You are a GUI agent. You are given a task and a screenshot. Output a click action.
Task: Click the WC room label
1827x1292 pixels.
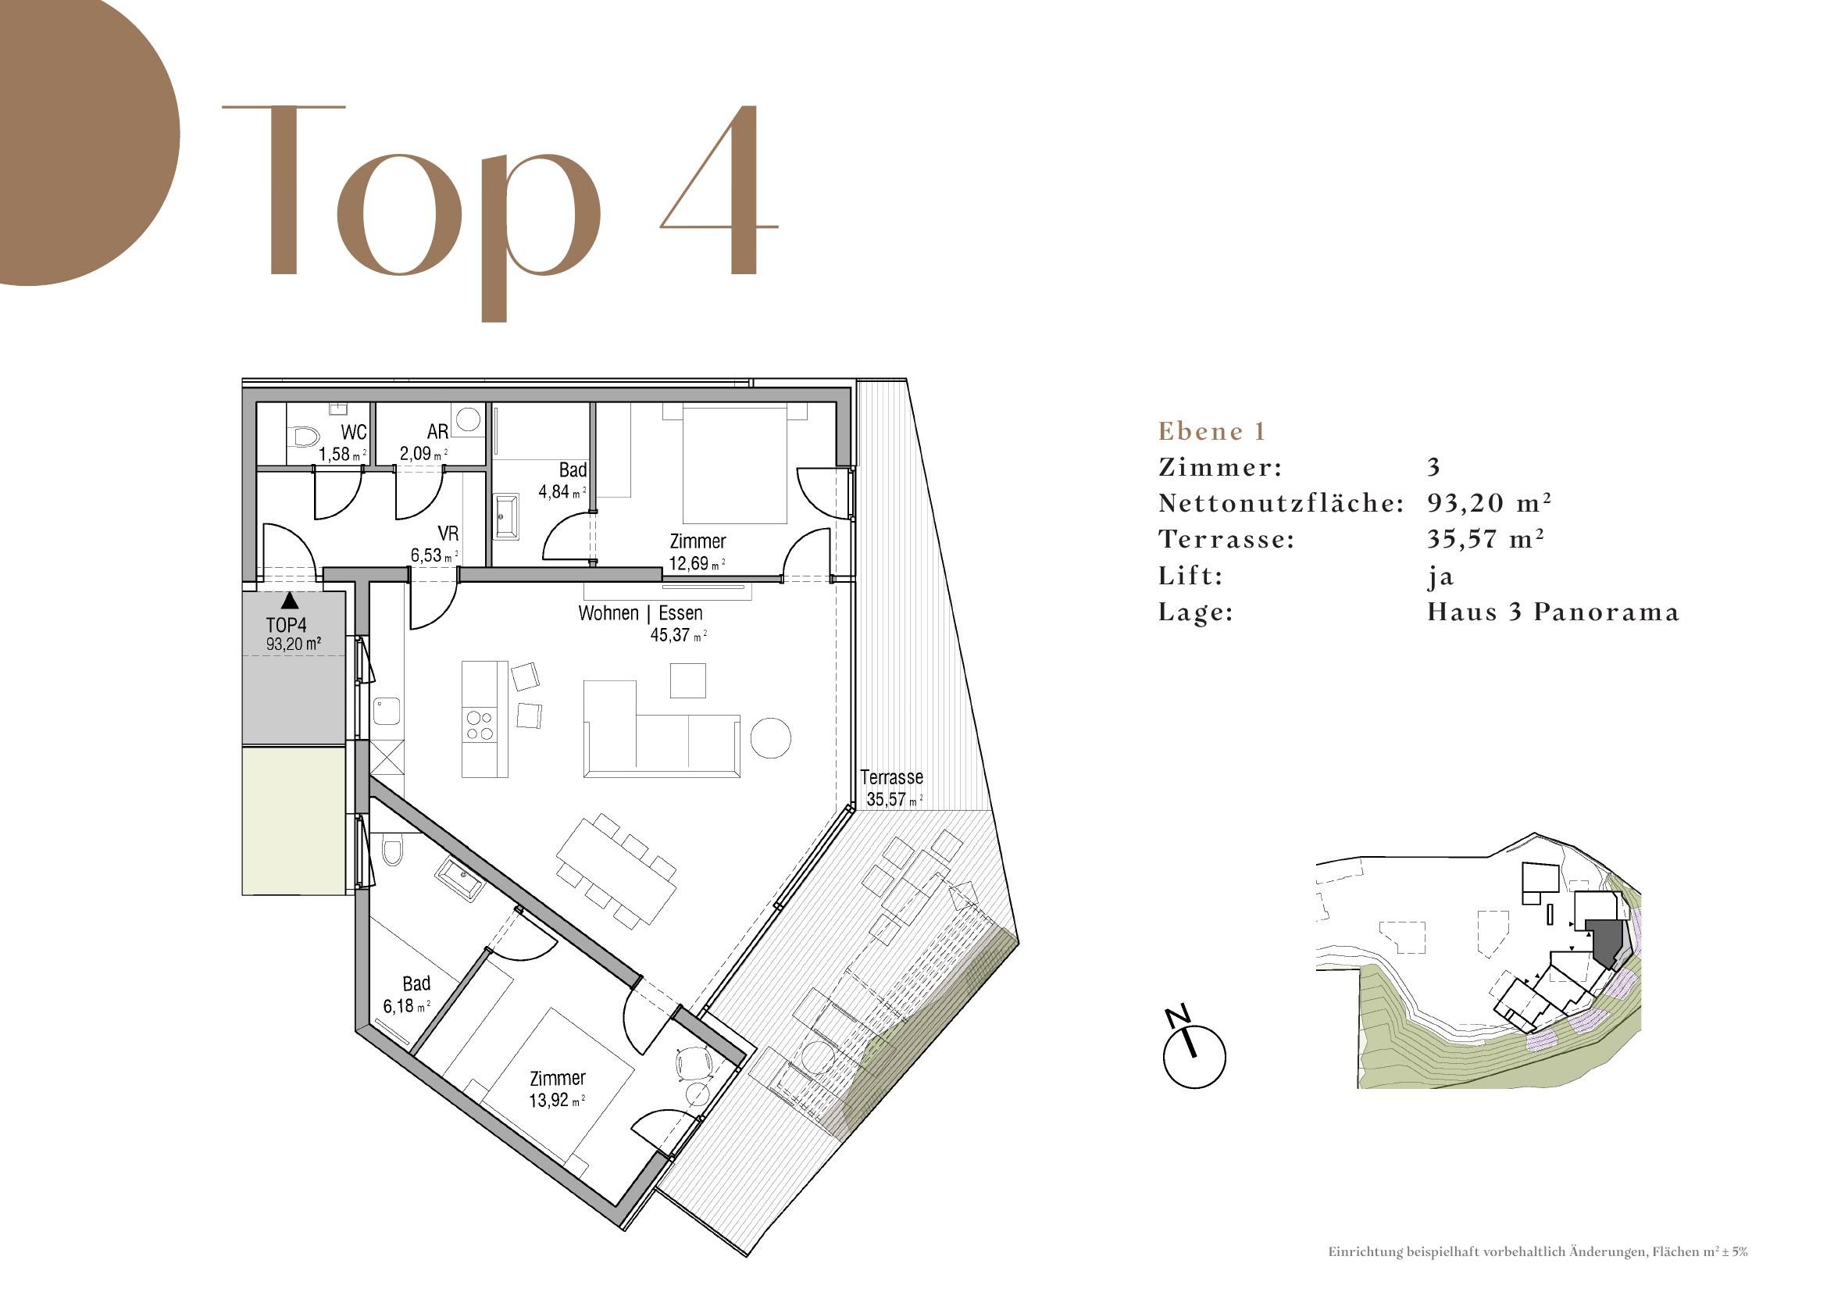point(354,432)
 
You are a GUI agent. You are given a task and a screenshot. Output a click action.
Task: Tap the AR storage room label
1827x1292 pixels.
point(437,431)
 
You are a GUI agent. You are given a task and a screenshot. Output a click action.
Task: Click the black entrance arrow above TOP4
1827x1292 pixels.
point(290,601)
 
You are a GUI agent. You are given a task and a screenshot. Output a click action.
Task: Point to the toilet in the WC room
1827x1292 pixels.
point(305,436)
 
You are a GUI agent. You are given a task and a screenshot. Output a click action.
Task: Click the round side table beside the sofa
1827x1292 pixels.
point(770,737)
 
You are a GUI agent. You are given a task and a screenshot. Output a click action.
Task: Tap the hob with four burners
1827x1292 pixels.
point(480,725)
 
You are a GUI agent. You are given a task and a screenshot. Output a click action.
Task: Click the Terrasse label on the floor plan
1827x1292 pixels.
point(891,777)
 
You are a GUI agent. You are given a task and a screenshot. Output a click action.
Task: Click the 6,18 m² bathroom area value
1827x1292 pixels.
point(406,1006)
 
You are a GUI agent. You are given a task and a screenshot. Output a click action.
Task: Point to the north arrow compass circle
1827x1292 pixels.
point(1194,1057)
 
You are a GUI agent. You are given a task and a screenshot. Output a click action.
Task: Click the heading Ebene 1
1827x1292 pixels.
point(1211,431)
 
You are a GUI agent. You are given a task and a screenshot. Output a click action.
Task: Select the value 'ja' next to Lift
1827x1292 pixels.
point(1440,576)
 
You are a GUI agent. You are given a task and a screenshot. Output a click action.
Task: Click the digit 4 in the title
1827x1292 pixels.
point(720,191)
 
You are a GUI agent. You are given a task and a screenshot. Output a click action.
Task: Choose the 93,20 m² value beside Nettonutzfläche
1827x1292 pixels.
point(1489,503)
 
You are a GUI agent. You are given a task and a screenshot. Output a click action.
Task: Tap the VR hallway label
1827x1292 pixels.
point(448,533)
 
